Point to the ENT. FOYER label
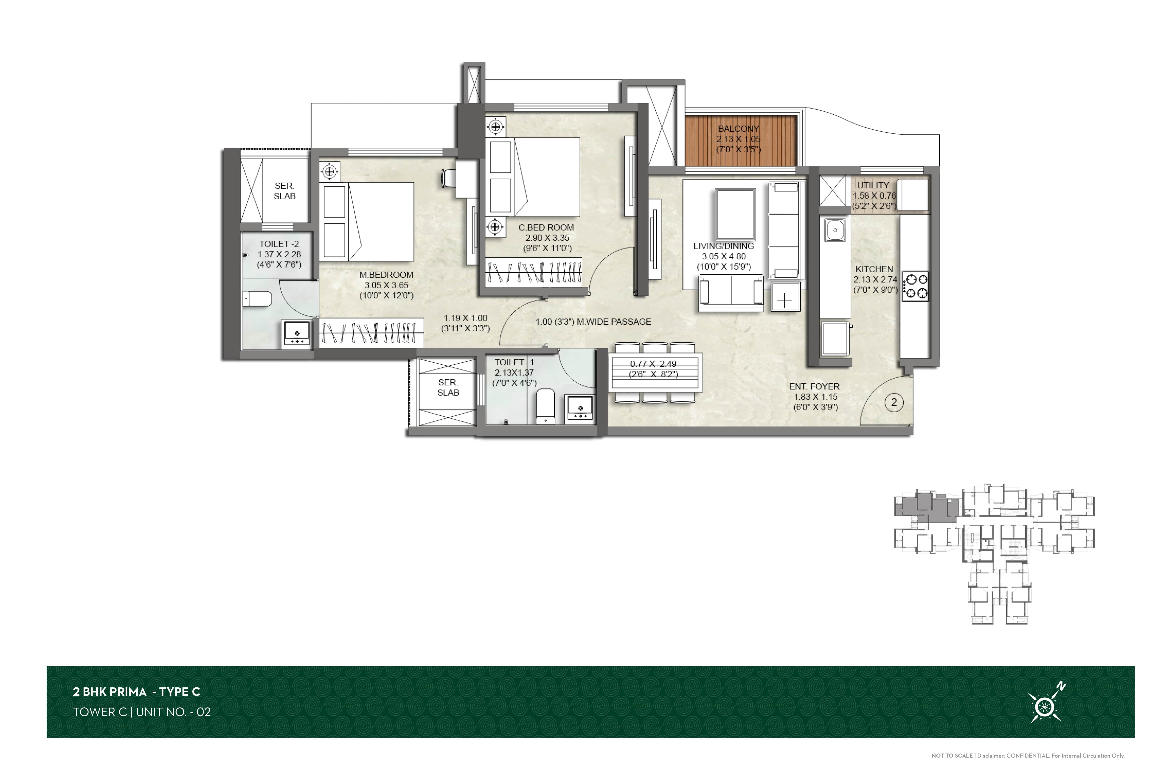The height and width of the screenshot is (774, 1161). (814, 386)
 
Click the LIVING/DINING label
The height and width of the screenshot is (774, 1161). (724, 246)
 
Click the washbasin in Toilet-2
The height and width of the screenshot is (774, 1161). (297, 333)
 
